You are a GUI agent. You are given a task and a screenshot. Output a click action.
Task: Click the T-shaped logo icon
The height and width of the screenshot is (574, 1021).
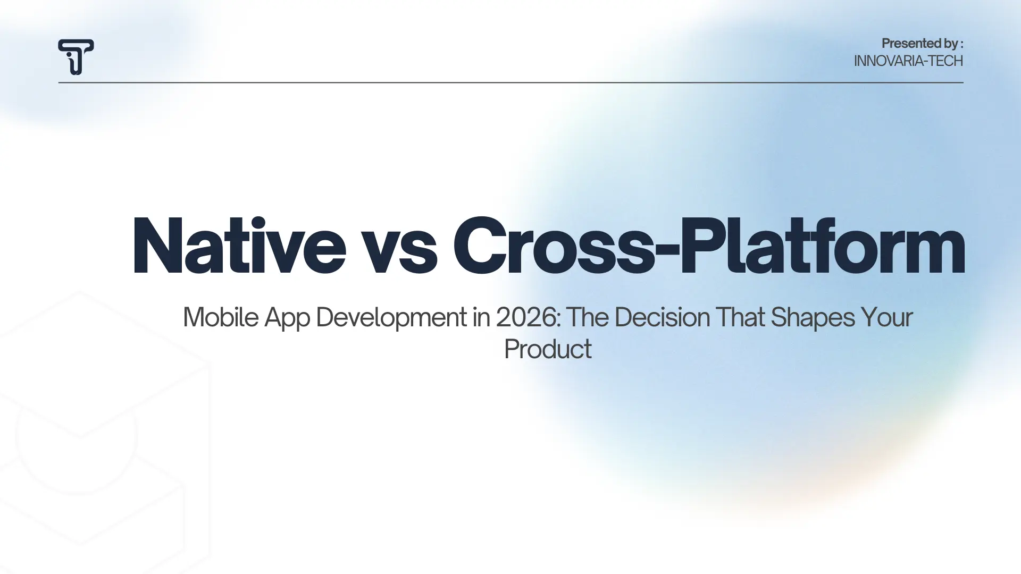pyautogui.click(x=76, y=56)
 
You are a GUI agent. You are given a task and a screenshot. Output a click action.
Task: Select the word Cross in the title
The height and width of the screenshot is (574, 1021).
pyautogui.click(x=553, y=246)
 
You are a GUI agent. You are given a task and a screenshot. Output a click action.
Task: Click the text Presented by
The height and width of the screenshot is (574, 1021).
pyautogui.click(x=919, y=44)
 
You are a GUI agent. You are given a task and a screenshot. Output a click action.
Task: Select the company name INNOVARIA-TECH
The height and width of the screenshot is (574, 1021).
pyautogui.click(x=908, y=61)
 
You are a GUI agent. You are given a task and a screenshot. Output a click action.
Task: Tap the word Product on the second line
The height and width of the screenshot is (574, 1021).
pyautogui.click(x=547, y=349)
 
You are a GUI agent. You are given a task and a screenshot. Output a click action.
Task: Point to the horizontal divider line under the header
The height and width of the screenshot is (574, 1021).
pyautogui.click(x=510, y=82)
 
